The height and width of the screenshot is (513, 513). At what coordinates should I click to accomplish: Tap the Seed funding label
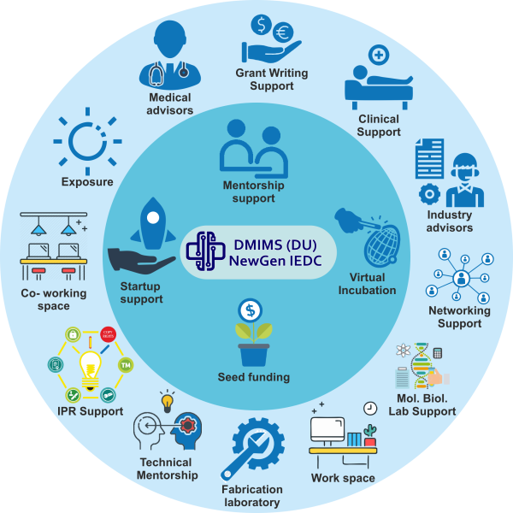(x=255, y=377)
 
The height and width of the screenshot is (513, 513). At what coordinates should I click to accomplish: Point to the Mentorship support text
(x=254, y=192)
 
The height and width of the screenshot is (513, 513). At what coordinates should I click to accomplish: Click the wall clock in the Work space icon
(x=370, y=409)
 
